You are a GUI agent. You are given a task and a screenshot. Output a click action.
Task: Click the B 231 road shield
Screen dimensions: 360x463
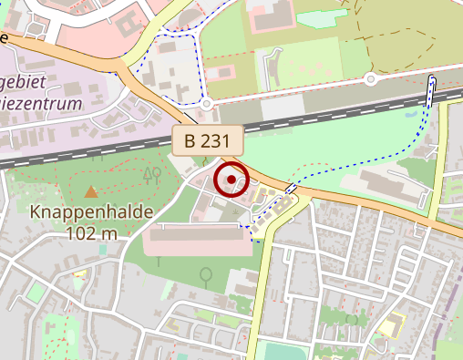click(210, 141)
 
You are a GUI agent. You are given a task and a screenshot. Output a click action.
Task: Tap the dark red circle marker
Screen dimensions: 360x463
click(231, 180)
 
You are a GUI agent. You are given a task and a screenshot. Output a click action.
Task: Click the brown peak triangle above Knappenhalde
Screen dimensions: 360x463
click(91, 192)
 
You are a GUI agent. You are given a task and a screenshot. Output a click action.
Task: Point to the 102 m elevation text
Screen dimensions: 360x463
click(92, 232)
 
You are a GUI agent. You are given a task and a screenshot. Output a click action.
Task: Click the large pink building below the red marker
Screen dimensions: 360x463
click(197, 240)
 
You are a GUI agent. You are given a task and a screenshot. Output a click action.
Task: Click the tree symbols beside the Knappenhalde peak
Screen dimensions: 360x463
click(151, 174)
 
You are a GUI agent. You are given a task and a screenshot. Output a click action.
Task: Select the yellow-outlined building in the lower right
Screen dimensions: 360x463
click(392, 324)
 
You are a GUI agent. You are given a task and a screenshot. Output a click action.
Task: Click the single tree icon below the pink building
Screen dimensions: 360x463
click(207, 273)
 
